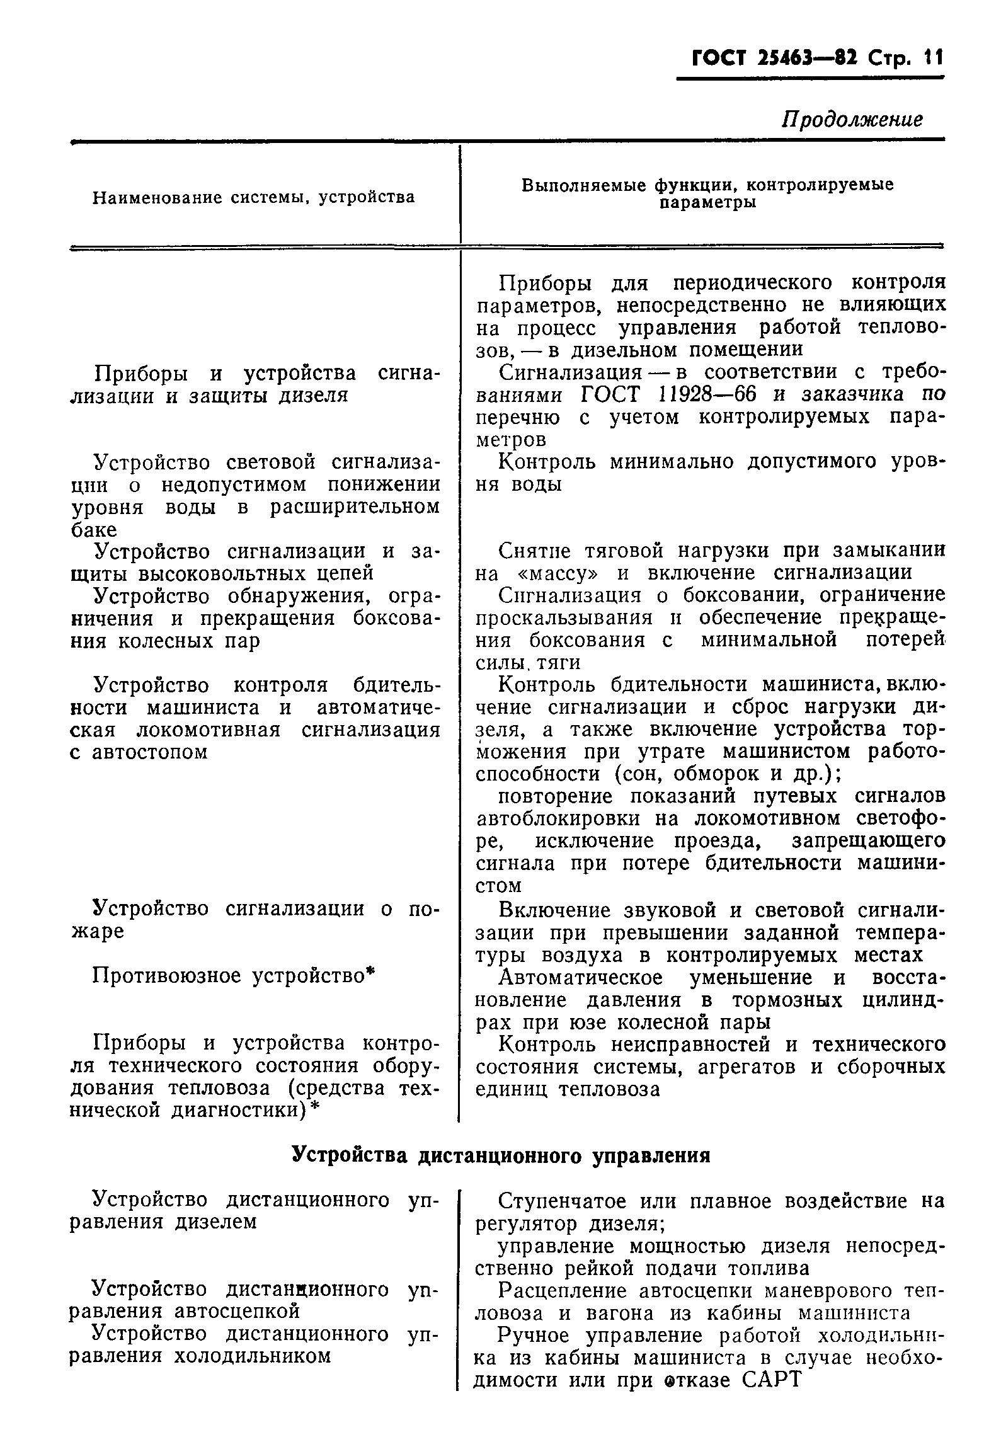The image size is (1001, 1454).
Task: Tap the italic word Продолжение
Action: (852, 119)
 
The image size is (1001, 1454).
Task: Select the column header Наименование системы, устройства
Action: (253, 198)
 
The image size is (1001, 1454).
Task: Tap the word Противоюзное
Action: (166, 976)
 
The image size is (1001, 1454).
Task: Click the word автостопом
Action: (149, 752)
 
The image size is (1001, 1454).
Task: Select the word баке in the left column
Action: (93, 529)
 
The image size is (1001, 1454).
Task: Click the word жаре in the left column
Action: (96, 931)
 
